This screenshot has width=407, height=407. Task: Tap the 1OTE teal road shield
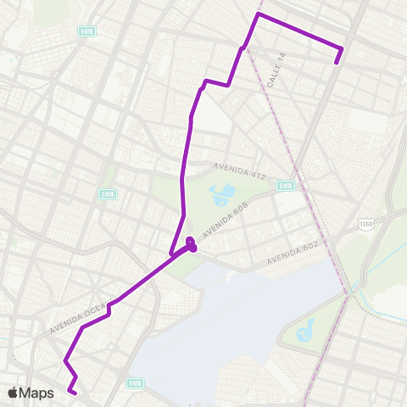(86, 31)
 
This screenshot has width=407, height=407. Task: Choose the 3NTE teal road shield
(108, 193)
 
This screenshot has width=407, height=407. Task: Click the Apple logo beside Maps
(14, 393)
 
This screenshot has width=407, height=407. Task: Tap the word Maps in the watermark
(37, 393)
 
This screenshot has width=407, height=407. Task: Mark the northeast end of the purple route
(337, 61)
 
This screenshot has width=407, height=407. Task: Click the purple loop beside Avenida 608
(192, 244)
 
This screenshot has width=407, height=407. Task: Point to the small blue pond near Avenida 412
(221, 195)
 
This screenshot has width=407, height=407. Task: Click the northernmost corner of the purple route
(258, 14)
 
